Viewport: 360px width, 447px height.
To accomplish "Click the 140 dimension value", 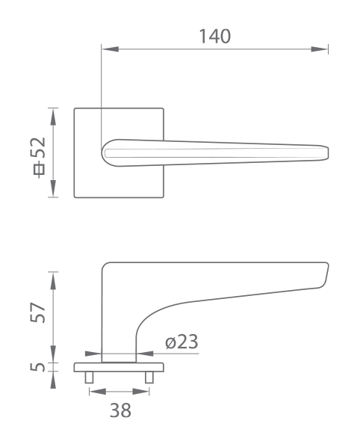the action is pos(215,37).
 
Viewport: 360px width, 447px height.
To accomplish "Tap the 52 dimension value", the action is pos(38,147).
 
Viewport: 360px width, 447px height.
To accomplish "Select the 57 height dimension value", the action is pos(37,312).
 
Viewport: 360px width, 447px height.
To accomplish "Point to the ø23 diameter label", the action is pos(181,342).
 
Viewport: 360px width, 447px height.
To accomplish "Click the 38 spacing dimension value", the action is pos(120,410).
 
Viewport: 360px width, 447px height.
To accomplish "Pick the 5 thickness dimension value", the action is pos(37,367).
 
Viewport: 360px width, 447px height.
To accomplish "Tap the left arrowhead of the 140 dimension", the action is pos(111,49).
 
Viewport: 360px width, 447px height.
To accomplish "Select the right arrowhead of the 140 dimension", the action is pos(319,49).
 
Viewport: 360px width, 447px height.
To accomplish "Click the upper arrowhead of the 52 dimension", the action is pos(53,117).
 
